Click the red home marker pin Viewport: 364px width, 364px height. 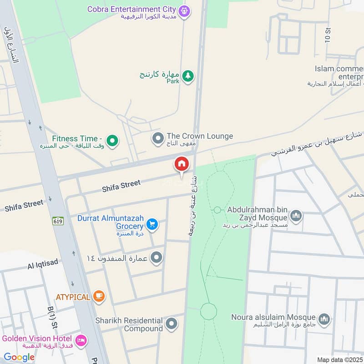click(182, 164)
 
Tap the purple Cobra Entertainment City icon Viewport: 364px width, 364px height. click(184, 10)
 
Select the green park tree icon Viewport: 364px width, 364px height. click(187, 76)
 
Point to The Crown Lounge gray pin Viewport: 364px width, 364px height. click(158, 137)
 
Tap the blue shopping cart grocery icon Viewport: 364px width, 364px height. click(152, 224)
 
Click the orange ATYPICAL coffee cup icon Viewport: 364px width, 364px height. click(98, 296)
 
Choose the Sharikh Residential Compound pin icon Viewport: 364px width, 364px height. click(171, 324)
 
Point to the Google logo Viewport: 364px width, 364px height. click(19, 357)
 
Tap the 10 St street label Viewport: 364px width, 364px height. click(328, 35)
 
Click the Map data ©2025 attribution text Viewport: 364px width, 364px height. click(340, 359)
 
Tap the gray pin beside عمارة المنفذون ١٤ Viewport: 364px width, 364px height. click(157, 258)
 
